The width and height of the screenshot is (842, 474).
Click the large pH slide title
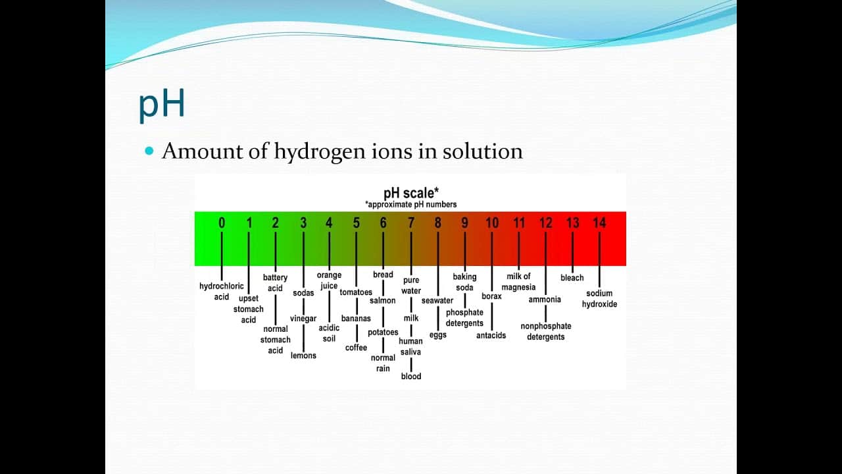click(x=162, y=105)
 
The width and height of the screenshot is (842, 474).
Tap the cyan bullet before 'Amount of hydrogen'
click(x=149, y=151)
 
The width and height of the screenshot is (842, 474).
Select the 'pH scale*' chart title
click(x=411, y=193)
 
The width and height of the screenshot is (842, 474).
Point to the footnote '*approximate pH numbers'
click(x=411, y=204)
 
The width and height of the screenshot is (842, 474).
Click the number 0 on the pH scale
click(x=222, y=223)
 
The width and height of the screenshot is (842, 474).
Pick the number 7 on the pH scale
click(x=411, y=223)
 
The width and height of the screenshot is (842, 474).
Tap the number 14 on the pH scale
click(x=599, y=223)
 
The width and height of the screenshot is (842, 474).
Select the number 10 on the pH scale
click(x=492, y=223)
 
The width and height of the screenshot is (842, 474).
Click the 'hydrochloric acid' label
click(x=222, y=292)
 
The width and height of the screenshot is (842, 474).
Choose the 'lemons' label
click(x=303, y=355)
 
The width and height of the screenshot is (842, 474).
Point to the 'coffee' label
click(x=357, y=348)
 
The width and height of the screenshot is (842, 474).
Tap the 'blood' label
click(x=411, y=377)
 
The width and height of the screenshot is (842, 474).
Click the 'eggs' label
click(x=438, y=335)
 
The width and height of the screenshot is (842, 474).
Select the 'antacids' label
click(x=491, y=336)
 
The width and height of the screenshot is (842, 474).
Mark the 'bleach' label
click(x=572, y=278)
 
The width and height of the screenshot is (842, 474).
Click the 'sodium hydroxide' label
click(x=599, y=299)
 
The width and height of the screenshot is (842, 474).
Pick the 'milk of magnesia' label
click(x=518, y=282)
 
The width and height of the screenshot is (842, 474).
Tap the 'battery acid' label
click(x=275, y=283)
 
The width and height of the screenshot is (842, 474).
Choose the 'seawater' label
click(x=437, y=301)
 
